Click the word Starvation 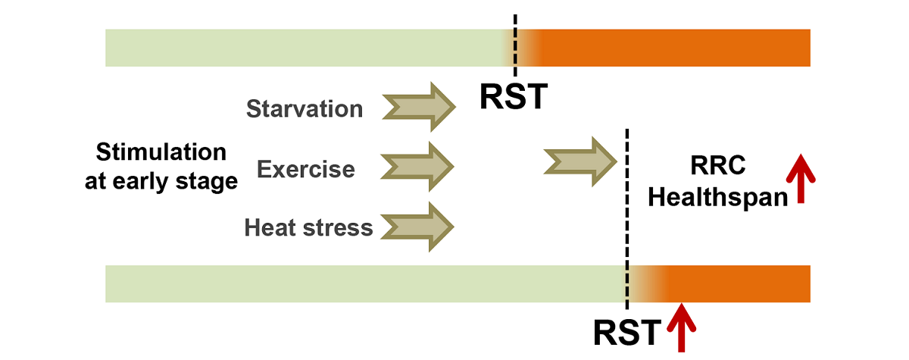[305, 109]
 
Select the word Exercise [306, 168]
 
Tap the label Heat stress [308, 227]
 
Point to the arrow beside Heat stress [416, 225]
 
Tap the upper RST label [514, 98]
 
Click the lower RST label [627, 332]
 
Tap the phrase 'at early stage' [161, 183]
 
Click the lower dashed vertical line [627, 220]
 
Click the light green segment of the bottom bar [364, 284]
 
